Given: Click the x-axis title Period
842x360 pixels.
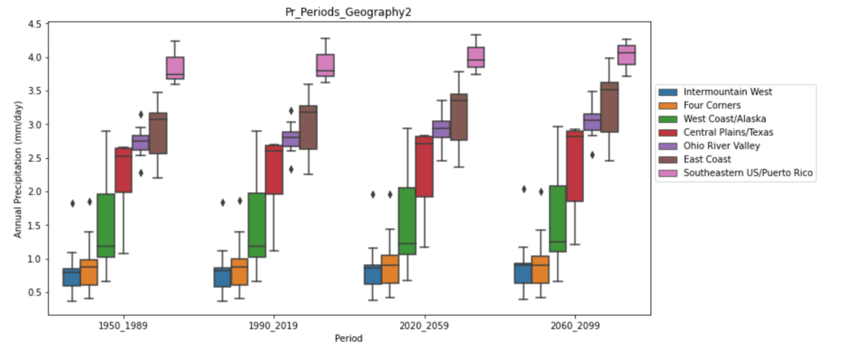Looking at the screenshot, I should pos(349,338).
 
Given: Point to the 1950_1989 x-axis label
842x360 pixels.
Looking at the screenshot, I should pos(123,326).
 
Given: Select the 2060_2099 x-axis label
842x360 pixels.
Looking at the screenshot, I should pos(574,326).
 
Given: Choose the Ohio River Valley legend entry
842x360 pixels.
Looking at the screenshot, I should pos(721,146).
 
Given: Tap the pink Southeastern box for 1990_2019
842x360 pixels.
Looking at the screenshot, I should pos(325,65).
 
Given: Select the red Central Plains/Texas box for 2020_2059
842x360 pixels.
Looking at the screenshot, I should pos(424,166).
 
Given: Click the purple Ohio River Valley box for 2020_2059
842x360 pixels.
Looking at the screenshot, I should pos(442,129).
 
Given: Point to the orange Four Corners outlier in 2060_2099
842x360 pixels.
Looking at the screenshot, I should pos(541,191).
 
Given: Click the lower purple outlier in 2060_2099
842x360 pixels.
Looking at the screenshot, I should pos(592,155).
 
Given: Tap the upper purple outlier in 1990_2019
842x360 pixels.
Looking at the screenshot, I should pos(291,110).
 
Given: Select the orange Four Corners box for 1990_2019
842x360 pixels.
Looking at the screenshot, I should pos(239,271).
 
